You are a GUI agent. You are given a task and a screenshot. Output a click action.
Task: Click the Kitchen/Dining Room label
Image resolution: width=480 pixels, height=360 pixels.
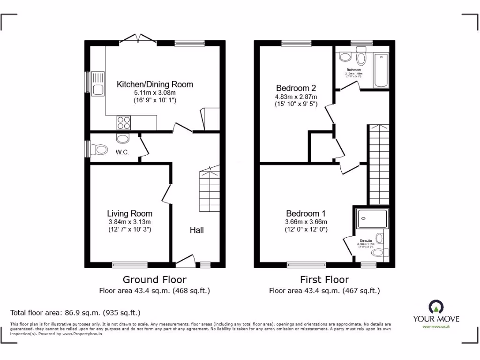[155, 85]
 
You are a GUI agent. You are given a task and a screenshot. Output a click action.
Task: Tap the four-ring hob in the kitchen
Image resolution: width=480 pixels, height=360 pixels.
[124, 122]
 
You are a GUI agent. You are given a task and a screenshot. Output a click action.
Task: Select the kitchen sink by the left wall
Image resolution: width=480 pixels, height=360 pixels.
[98, 83]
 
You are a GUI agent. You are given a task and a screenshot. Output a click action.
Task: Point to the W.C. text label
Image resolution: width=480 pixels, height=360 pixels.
[122, 151]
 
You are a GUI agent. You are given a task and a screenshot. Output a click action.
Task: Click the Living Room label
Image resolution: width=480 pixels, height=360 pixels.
[129, 214]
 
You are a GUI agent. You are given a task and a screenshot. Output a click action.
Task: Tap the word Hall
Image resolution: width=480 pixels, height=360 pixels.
[197, 230]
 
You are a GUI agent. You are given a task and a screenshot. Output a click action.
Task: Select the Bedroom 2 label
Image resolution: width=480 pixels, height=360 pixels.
[296, 88]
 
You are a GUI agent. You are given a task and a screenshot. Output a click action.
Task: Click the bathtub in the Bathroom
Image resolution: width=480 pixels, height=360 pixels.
[381, 70]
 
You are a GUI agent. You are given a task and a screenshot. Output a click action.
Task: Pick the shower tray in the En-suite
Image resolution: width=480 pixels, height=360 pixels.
[373, 219]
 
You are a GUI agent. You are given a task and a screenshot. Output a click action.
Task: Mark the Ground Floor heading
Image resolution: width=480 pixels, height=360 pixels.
[155, 280]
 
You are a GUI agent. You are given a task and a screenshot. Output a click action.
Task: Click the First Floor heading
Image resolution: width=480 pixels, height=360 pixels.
[324, 280]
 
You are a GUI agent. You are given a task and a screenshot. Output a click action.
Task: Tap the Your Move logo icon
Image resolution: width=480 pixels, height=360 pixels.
[436, 307]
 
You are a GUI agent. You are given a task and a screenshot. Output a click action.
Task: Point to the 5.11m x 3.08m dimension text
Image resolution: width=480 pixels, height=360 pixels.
[155, 93]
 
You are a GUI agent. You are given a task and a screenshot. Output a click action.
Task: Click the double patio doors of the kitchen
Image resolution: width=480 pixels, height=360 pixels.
[137, 40]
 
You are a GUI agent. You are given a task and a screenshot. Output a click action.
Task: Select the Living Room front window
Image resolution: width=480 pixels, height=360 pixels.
[130, 265]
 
